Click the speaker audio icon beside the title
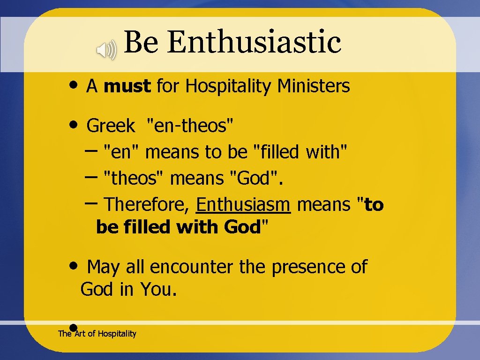click(106, 50)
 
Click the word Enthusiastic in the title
click(254, 42)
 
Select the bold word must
click(127, 86)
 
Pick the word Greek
click(111, 126)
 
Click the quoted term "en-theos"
click(190, 126)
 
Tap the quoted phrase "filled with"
click(300, 152)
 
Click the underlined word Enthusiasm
click(244, 205)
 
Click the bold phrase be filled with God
click(178, 227)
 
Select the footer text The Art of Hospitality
click(97, 334)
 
